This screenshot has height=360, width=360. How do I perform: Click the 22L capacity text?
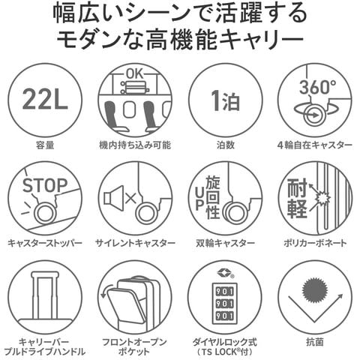45,99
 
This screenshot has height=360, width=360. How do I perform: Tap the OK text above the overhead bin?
135,74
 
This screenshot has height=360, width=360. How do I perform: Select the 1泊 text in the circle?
225,100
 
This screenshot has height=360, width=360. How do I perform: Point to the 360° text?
317,87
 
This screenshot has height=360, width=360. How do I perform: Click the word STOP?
45,185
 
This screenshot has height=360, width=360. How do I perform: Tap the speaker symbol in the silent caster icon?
114,198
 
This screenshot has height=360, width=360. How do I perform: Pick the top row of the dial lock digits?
225,292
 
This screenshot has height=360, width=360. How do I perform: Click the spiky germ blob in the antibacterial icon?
315,289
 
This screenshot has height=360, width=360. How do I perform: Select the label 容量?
45,145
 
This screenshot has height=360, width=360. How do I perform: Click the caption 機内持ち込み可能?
135,145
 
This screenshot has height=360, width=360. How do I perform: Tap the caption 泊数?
225,145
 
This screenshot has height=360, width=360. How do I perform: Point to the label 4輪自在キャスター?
315,145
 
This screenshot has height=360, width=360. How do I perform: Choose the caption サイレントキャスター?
135,243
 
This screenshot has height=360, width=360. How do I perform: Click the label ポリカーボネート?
315,243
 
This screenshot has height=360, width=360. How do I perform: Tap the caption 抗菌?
315,342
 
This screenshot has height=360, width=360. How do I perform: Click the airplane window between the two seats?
129,109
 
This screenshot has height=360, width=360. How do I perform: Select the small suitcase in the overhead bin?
136,87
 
